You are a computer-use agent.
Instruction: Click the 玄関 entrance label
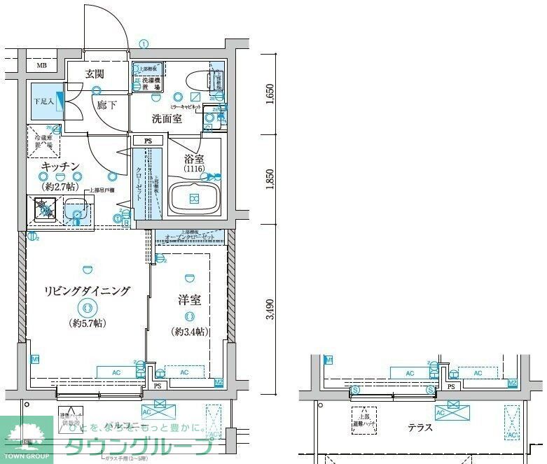[95, 73]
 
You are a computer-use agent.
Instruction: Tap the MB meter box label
[41, 66]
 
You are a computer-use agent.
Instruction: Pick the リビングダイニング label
[86, 291]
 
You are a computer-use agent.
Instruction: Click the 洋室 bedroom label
[189, 300]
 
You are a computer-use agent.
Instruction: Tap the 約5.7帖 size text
[87, 323]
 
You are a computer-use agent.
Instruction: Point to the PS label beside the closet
[148, 141]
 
